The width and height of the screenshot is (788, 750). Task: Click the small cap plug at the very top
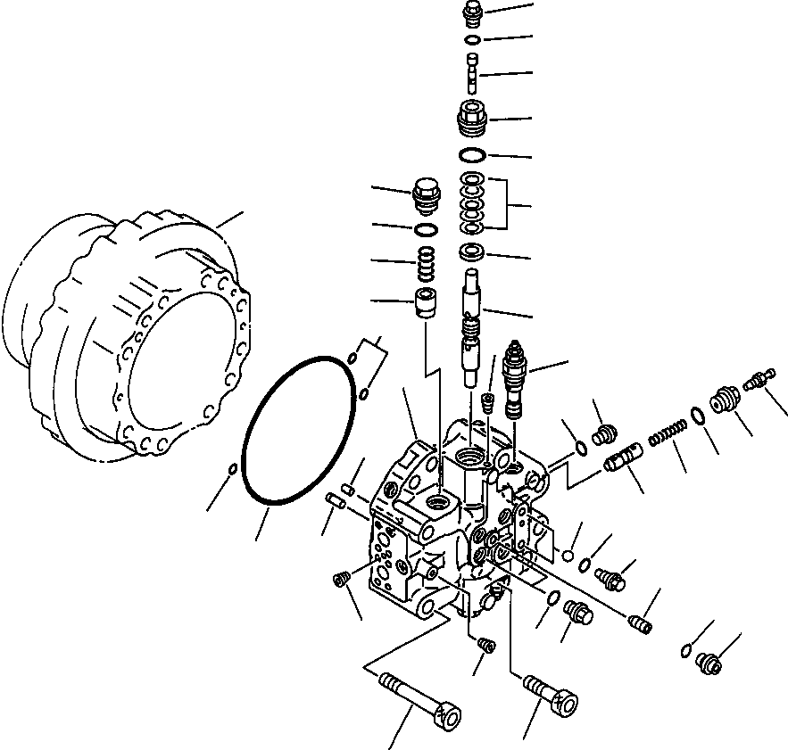[x=473, y=14]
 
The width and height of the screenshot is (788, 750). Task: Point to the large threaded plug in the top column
[x=472, y=117]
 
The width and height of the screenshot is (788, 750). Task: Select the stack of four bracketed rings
[x=473, y=203]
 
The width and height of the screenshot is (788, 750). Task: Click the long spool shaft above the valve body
[x=472, y=330]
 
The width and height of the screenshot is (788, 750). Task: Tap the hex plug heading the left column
[x=427, y=194]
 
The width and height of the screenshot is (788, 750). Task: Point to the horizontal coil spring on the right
[x=666, y=433]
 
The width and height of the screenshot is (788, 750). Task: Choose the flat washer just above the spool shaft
[x=473, y=253]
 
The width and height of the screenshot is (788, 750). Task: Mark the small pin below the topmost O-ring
[x=473, y=69]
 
